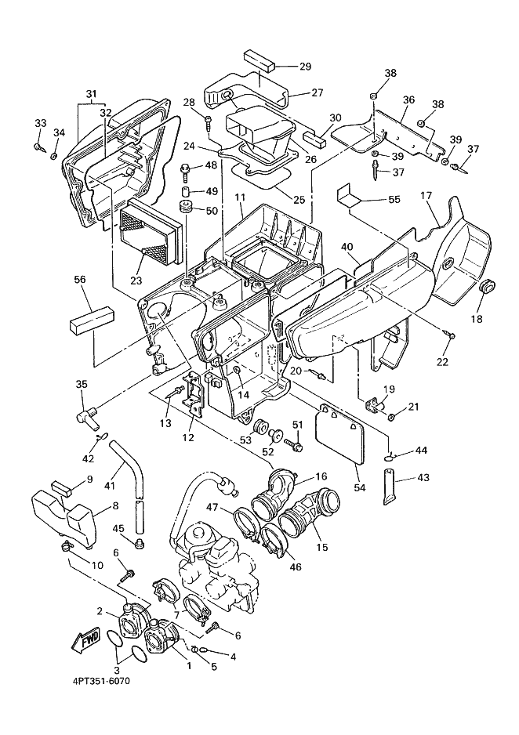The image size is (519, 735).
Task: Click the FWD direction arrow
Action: pos(85,639)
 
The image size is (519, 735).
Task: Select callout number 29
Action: pos(305,66)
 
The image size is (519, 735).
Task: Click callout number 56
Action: pos(80,280)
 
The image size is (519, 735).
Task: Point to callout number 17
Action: pos(426,195)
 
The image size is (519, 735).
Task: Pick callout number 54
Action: pos(360,487)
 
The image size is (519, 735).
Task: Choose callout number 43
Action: pos(423,478)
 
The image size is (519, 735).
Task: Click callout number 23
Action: pos(136,281)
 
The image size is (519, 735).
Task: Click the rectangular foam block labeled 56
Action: pos(92,320)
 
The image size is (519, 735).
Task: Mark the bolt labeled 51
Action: pos(293,442)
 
